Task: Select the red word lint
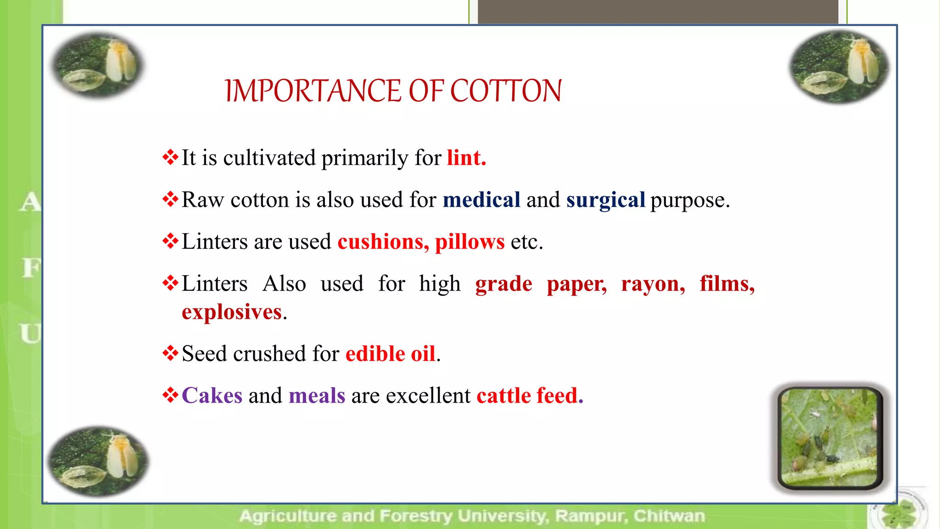click(466, 158)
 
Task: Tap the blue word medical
click(481, 200)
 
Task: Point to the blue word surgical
click(605, 200)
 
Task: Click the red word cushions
click(383, 242)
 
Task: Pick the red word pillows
click(470, 242)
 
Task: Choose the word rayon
click(653, 284)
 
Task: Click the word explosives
click(232, 312)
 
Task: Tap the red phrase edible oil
click(390, 354)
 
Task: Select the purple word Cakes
click(212, 395)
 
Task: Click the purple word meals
click(317, 395)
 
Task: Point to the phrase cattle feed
click(530, 395)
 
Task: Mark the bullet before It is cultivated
click(170, 158)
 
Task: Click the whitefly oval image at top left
click(97, 65)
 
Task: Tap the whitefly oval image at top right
click(839, 67)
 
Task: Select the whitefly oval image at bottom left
click(98, 461)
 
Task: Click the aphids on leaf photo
click(830, 437)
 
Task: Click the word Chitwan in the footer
click(669, 516)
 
